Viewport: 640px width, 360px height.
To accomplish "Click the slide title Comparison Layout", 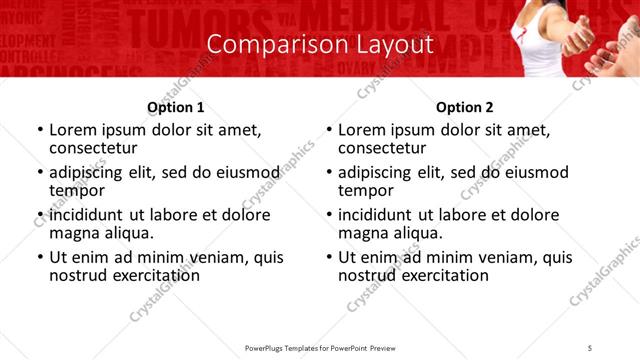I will pos(320,45).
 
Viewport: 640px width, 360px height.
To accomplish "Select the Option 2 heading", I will pos(464,107).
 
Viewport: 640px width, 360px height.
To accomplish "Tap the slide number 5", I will pos(591,347).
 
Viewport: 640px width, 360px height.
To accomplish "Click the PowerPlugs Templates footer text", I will pos(319,347).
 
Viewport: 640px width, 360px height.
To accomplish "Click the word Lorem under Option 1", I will pos(72,130).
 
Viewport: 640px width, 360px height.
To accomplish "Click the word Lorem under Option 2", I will pos(361,130).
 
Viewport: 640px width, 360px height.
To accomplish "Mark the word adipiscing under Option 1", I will pos(90,171).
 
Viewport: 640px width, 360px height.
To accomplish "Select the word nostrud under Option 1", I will pos(76,275).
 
